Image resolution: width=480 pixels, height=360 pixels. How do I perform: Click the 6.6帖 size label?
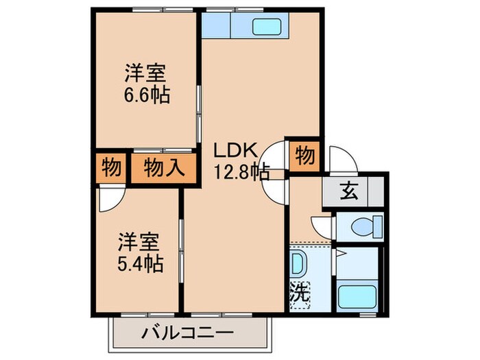click(x=146, y=94)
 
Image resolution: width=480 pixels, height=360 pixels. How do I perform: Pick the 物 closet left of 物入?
click(x=110, y=167)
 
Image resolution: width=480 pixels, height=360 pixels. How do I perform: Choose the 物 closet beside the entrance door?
click(x=304, y=156)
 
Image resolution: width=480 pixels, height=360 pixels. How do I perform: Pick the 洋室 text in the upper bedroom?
click(x=146, y=72)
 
